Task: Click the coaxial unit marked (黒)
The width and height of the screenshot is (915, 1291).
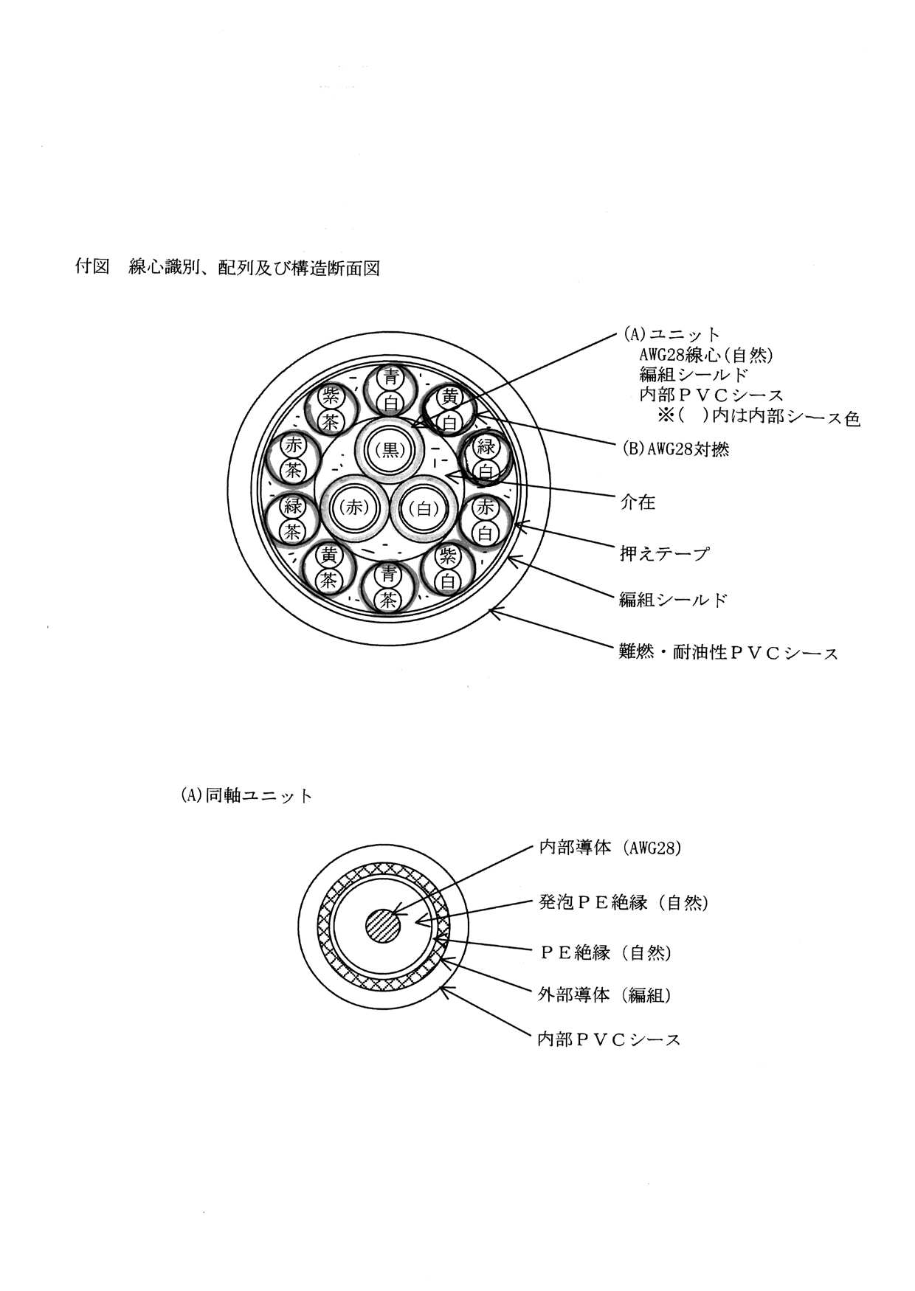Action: pos(390,449)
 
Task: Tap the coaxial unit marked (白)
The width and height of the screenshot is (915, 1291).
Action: pos(424,508)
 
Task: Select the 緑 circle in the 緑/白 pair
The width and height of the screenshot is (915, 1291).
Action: pos(486,446)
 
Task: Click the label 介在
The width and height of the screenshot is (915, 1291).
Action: pos(637,503)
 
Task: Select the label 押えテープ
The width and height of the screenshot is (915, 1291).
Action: pos(664,553)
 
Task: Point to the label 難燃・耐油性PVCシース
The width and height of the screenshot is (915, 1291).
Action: pos(728,652)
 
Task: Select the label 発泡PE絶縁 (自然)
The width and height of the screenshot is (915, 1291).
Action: pos(623,901)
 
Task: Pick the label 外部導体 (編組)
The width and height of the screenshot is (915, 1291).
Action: pos(604,995)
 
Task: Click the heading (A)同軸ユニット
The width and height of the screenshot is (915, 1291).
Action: pos(246,796)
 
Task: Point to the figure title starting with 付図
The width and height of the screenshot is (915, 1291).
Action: pos(228,268)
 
